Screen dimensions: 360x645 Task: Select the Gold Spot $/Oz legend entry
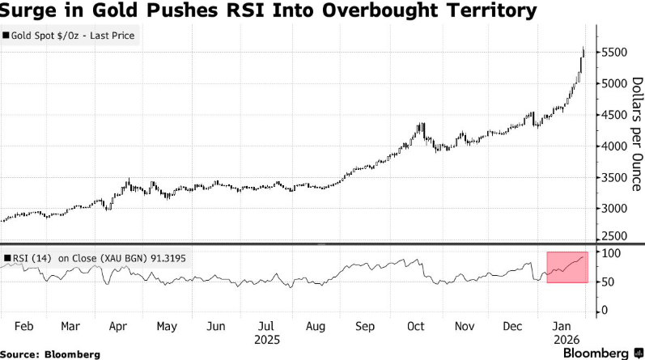tap(71, 36)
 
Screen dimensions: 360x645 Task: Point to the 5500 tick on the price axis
tap(613, 53)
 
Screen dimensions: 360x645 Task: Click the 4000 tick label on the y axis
tap(613, 146)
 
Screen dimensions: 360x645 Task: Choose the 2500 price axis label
tap(613, 236)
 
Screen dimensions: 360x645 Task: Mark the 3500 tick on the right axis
tap(613, 178)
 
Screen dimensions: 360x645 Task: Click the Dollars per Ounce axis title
tap(636, 133)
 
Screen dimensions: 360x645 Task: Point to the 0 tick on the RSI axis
tap(603, 311)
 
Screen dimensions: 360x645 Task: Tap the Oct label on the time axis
tap(415, 326)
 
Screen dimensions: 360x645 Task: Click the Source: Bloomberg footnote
tap(50, 354)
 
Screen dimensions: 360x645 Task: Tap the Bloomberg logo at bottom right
tap(599, 353)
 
